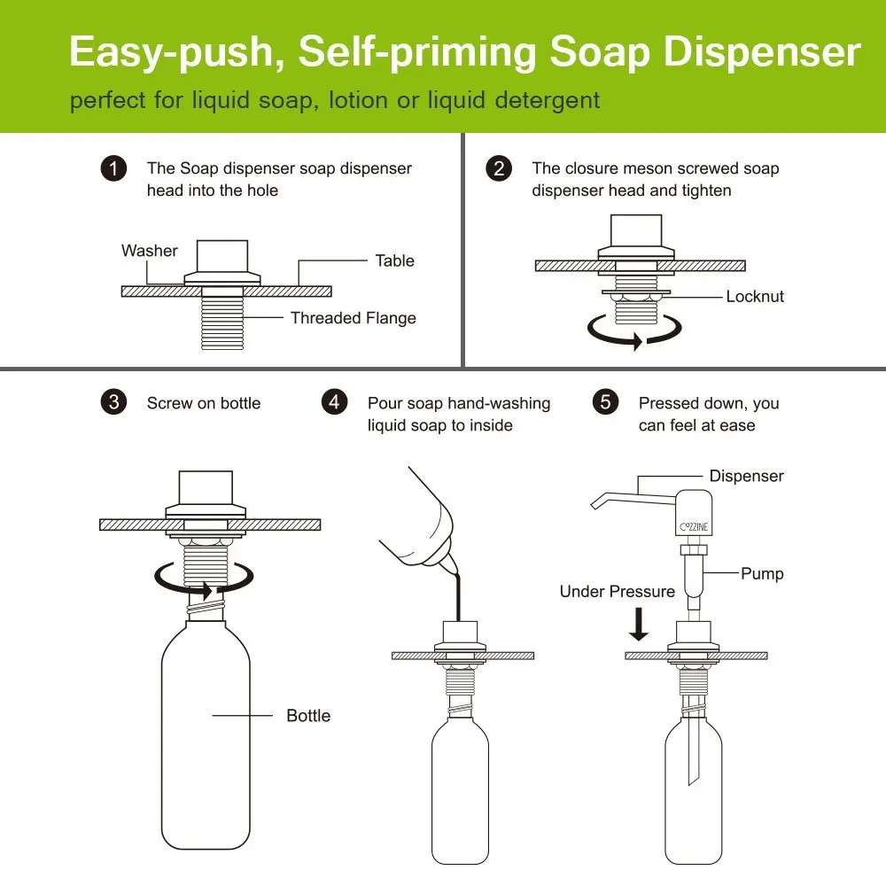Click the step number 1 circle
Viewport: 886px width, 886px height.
113,168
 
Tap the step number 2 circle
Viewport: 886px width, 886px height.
499,168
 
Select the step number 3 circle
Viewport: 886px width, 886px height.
113,402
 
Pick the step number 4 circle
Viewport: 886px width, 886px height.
335,402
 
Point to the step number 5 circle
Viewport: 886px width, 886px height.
605,402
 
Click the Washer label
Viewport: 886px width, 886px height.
149,251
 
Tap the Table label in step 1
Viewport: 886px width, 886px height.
395,260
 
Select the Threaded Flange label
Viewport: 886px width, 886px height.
354,318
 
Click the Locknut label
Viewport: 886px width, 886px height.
755,297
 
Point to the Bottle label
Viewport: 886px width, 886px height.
308,715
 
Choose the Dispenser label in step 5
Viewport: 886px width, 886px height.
746,476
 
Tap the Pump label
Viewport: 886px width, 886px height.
762,573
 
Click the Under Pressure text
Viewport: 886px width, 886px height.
617,592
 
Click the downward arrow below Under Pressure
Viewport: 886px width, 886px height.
639,625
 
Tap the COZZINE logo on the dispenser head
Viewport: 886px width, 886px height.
694,526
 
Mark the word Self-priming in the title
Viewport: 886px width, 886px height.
417,52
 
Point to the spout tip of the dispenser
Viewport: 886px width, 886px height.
595,505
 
